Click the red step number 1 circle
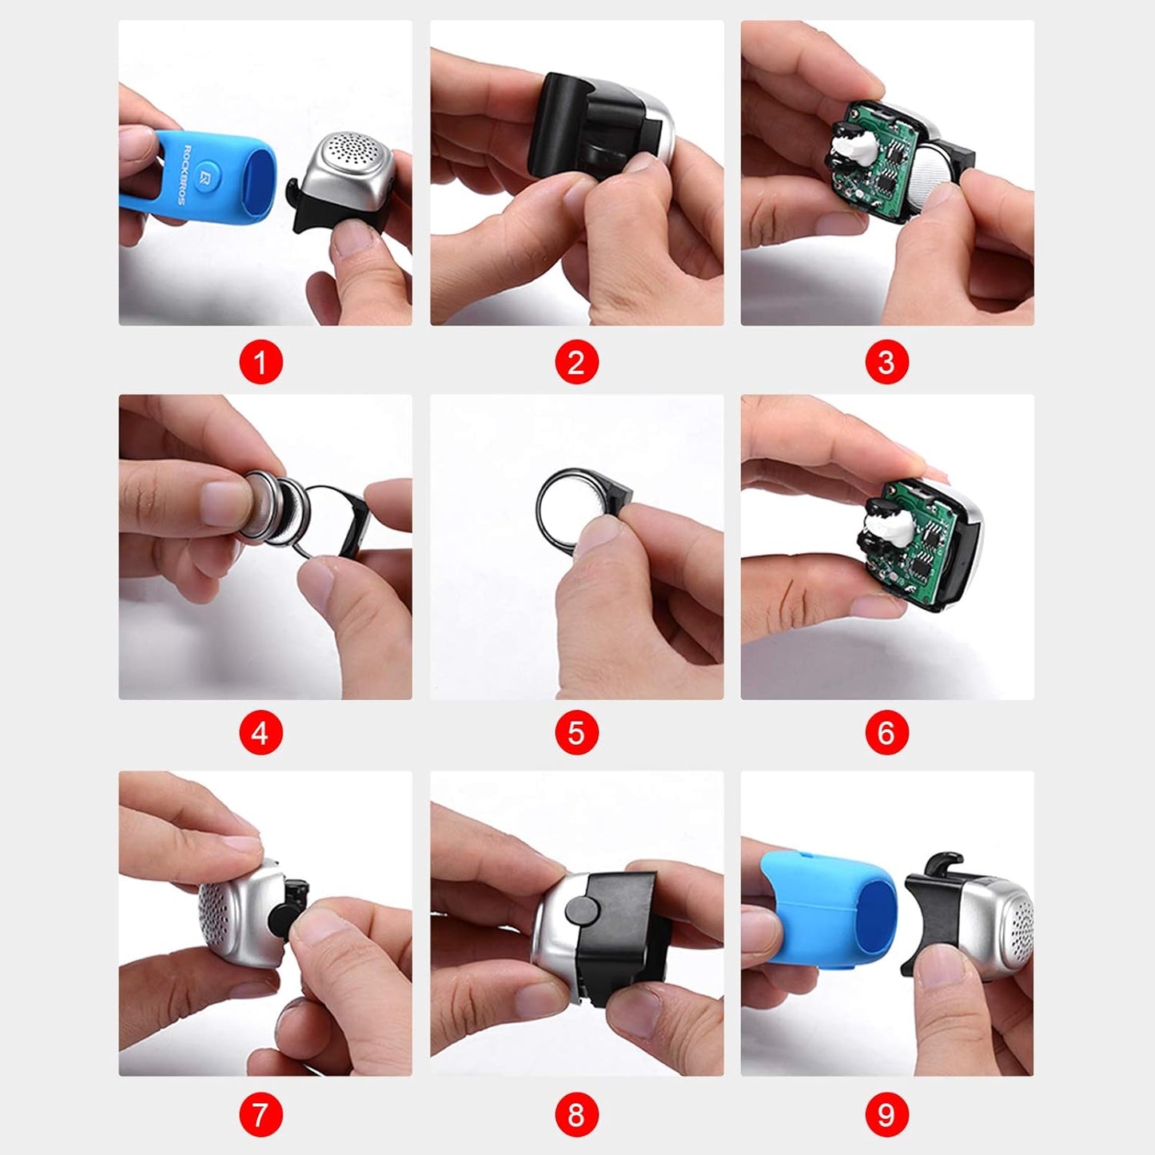(261, 363)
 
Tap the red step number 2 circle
(576, 363)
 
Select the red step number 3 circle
(886, 363)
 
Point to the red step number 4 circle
(261, 733)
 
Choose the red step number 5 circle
(576, 733)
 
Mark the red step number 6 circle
(886, 733)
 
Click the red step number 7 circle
(261, 1114)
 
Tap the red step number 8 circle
(576, 1114)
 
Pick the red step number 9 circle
(886, 1114)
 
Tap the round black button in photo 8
(584, 911)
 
